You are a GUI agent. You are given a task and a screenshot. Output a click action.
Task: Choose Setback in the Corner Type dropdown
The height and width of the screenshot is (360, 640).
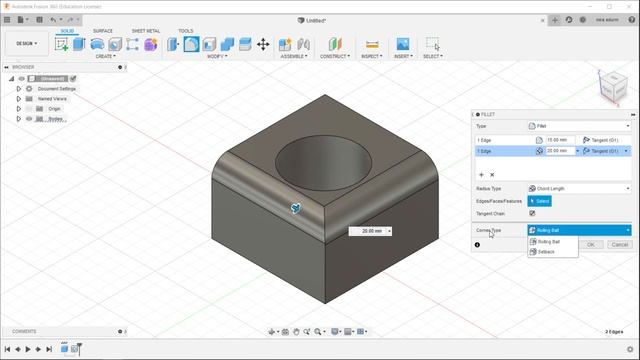click(547, 251)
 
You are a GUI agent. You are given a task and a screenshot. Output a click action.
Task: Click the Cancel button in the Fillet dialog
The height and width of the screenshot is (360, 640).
click(619, 244)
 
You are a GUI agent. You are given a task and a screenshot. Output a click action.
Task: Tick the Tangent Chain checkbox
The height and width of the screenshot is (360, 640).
click(532, 213)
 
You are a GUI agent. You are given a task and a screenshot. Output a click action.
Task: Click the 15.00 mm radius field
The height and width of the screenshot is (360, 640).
click(559, 140)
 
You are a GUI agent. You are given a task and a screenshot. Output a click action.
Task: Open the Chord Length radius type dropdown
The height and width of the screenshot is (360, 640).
click(578, 188)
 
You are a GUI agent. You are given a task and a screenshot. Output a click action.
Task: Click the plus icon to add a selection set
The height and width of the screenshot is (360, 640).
click(481, 174)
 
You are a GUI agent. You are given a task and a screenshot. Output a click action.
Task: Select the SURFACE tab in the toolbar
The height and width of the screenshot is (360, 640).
click(103, 31)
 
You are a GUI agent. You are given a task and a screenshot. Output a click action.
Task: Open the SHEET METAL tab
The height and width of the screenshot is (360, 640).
click(146, 31)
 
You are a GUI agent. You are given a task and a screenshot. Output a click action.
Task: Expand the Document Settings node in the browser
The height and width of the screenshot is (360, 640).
click(18, 89)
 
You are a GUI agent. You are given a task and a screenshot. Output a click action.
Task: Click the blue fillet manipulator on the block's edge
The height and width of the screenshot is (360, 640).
click(296, 208)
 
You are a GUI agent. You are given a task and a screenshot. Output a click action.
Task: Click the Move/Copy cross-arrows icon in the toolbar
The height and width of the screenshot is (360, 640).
click(263, 44)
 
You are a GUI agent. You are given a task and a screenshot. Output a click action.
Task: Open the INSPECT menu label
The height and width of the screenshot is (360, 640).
click(372, 56)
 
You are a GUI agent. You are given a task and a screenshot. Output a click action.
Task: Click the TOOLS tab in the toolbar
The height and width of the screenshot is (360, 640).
click(186, 31)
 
